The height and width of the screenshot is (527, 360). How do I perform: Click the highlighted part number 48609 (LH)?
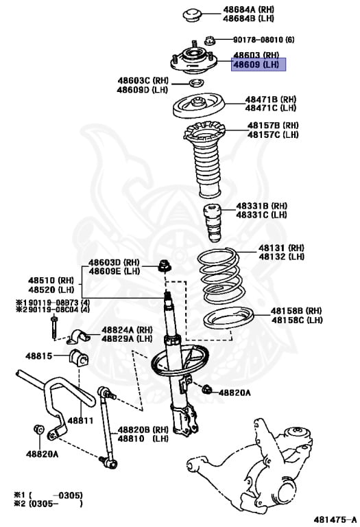click(259, 65)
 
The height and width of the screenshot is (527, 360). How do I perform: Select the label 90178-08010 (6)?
click(263, 40)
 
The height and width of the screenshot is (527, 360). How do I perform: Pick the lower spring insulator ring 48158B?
click(228, 320)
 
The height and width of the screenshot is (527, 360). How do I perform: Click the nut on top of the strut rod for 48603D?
click(165, 265)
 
